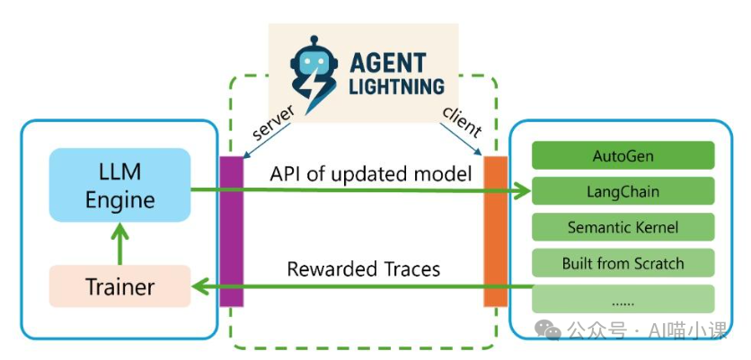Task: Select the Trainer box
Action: tap(120, 287)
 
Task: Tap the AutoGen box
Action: tap(623, 155)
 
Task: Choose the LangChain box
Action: tap(623, 191)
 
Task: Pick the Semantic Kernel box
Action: tap(623, 227)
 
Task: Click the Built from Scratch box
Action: tap(623, 263)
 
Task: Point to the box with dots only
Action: tap(623, 298)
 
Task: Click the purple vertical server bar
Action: tap(232, 231)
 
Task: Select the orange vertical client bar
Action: tap(496, 231)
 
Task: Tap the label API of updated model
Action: tap(370, 173)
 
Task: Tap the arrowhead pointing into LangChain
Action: tap(524, 190)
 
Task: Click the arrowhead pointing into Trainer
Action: tap(200, 287)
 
